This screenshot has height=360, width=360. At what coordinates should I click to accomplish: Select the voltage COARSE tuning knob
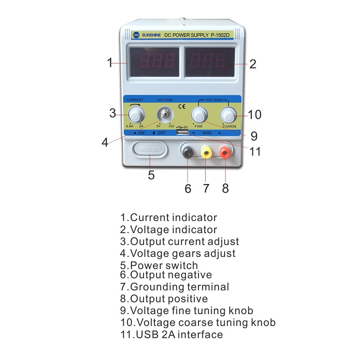tap(229, 115)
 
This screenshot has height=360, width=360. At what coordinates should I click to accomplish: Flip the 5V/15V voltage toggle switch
tap(165, 115)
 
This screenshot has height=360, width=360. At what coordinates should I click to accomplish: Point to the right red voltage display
tap(210, 62)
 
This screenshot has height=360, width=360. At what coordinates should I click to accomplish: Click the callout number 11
tap(255, 152)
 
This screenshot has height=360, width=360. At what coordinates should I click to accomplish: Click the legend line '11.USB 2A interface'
tap(171, 334)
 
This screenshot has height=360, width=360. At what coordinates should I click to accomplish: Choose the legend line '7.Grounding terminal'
tap(175, 287)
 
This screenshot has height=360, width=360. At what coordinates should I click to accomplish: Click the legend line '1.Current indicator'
tap(168, 218)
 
